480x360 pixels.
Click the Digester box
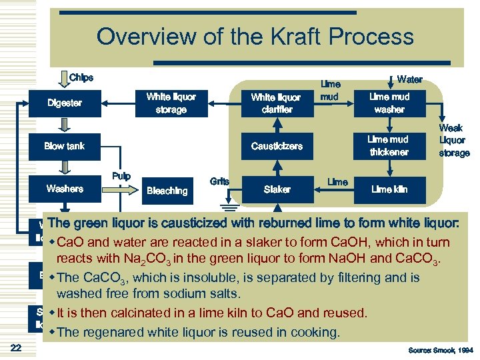65,103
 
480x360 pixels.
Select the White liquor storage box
171,103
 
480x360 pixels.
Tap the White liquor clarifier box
277,103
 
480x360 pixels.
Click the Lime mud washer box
389,103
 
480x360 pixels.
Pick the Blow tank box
65,146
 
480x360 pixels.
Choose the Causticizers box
277,146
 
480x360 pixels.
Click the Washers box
65,189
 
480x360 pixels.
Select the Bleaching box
167,191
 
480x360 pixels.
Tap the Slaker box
277,189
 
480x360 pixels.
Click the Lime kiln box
389,189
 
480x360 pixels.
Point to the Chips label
81,78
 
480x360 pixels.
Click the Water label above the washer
409,79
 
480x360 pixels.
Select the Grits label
219,181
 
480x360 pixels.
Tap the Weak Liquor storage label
453,141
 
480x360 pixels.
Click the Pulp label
121,177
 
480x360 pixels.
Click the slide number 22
17,347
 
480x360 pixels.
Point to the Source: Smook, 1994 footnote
439,349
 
